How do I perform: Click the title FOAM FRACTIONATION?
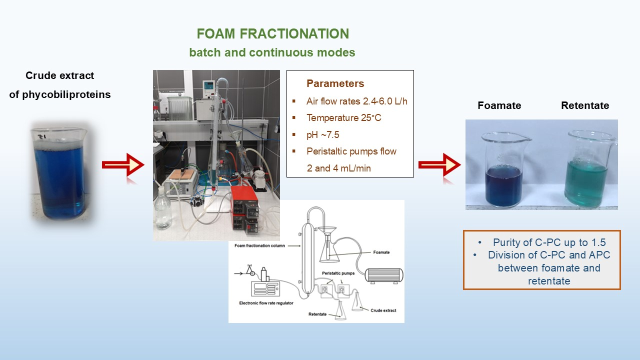(x=273, y=33)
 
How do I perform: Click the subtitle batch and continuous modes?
(x=272, y=52)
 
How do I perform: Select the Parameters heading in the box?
(x=335, y=83)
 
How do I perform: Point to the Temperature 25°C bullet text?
(x=343, y=117)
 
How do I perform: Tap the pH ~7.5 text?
(x=323, y=134)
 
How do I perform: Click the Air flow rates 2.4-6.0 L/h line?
(x=357, y=101)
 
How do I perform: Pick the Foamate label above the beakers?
(x=499, y=105)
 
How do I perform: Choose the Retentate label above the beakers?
(x=585, y=105)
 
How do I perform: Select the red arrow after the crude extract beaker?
(x=123, y=164)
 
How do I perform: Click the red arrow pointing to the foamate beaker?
(x=439, y=164)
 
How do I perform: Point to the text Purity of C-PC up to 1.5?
(x=549, y=242)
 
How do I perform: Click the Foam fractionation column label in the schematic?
(x=259, y=245)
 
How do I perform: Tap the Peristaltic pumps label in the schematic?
(x=338, y=273)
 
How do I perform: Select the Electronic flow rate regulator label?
(x=266, y=303)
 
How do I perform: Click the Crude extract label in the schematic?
(x=383, y=310)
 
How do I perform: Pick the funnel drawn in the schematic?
(x=327, y=232)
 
